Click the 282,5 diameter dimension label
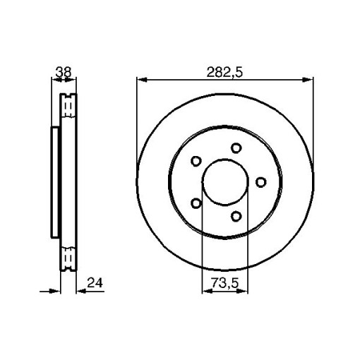[x=224, y=72]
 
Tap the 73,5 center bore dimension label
[x=224, y=282]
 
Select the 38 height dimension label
[x=63, y=72]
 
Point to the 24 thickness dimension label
[x=95, y=283]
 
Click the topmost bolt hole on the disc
[x=236, y=148]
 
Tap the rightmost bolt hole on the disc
[x=260, y=182]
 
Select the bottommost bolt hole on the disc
[x=236, y=216]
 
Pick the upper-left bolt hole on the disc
[x=196, y=161]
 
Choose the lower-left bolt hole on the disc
[x=196, y=203]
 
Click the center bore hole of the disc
[x=225, y=182]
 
